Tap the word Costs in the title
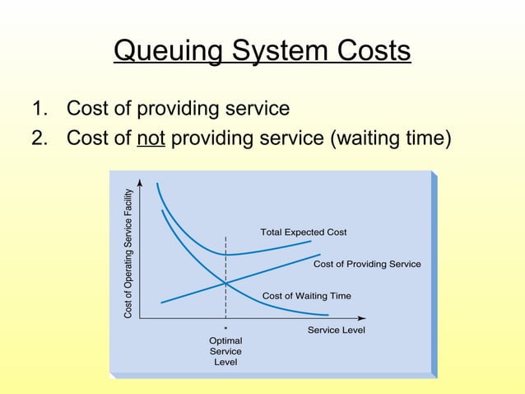(370, 51)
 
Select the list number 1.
(38, 109)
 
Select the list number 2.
(38, 137)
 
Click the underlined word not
(151, 137)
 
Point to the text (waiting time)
(391, 138)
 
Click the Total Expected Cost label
(303, 232)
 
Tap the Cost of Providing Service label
(367, 265)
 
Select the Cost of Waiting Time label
(306, 295)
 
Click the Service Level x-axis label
(336, 331)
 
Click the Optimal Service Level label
(225, 351)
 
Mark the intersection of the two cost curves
(225, 284)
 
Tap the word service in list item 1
(257, 109)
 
